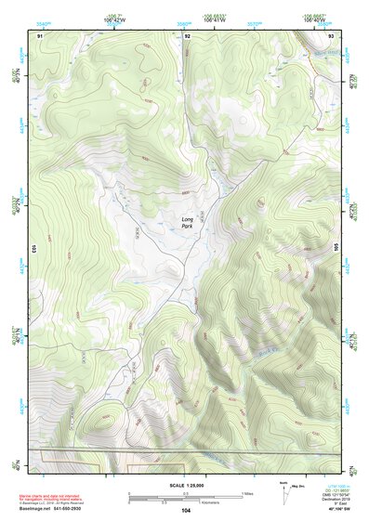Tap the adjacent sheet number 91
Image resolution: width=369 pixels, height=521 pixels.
pos(40,35)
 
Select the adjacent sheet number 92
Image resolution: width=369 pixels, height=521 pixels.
pos(188,35)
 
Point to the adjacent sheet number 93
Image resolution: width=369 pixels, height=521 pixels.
pos(332,35)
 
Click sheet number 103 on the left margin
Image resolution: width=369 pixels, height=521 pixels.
pos(33,248)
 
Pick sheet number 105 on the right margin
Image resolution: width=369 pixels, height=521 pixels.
pos(337,248)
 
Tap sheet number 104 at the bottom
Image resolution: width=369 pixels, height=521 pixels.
pos(186,510)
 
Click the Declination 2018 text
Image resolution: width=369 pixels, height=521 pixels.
pos(333,501)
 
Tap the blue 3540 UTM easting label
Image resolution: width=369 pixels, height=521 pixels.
pos(43,16)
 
